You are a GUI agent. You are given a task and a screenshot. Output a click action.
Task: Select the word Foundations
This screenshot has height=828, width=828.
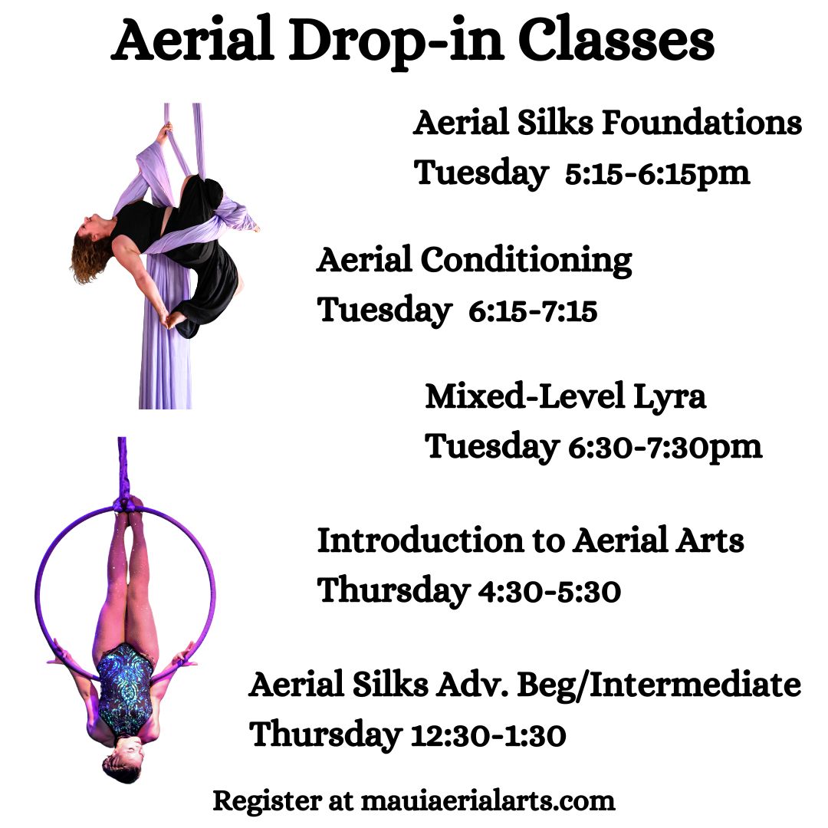(701, 123)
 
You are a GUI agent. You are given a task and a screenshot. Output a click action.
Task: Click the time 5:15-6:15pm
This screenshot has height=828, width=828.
(658, 173)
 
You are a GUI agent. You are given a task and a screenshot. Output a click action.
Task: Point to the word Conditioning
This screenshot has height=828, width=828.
(527, 261)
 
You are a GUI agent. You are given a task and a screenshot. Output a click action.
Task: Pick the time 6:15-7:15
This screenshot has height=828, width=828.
(533, 311)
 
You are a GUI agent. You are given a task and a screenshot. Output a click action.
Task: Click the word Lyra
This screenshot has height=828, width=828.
(669, 397)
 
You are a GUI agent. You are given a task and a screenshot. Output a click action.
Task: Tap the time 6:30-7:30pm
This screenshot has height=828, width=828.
(665, 448)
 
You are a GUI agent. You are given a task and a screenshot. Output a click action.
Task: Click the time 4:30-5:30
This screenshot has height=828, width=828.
(550, 591)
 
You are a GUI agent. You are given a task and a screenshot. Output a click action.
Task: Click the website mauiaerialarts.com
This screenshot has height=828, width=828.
(488, 800)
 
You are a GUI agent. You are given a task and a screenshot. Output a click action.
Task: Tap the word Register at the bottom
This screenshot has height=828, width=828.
(267, 802)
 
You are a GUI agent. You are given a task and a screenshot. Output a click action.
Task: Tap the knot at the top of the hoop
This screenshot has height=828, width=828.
(125, 506)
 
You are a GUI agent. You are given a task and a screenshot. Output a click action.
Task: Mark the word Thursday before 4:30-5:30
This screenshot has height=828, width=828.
(393, 591)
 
